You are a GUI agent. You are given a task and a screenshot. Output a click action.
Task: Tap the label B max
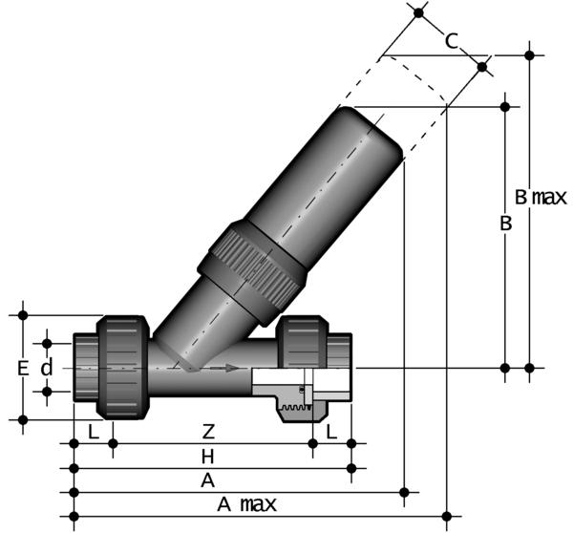click(541, 198)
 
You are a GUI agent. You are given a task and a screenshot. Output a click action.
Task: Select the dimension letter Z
click(207, 431)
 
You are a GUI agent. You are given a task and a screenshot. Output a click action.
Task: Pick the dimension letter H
click(207, 456)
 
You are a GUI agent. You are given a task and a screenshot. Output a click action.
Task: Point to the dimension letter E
click(22, 367)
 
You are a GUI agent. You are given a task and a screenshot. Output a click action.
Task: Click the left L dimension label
click(93, 431)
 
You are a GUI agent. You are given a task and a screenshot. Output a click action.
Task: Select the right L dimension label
click(331, 431)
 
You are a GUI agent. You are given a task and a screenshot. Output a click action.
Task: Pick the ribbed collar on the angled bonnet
click(251, 266)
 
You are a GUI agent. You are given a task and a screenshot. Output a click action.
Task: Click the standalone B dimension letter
click(507, 224)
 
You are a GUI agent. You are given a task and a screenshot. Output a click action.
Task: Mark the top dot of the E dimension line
click(22, 313)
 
